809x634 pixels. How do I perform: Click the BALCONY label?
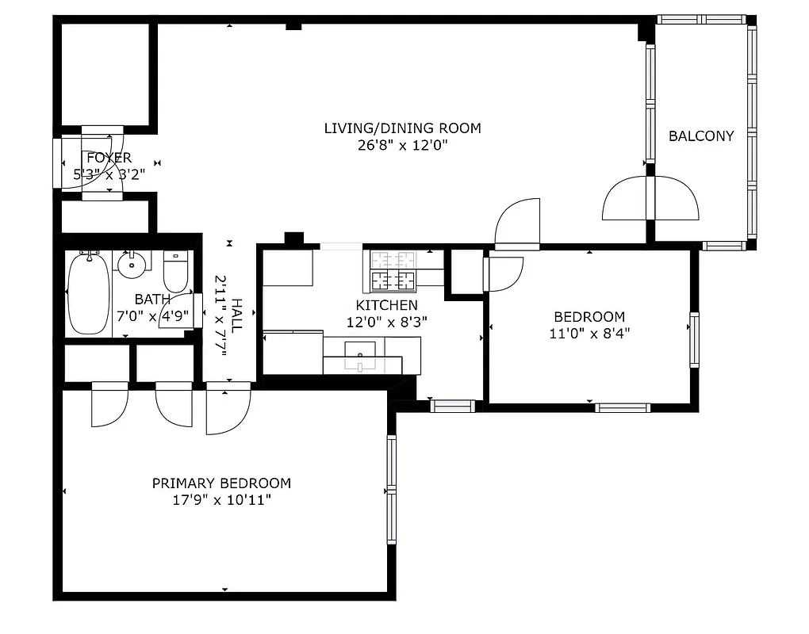coord(700,136)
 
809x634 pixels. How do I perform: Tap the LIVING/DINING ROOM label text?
coord(402,128)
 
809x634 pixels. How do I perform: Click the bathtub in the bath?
coord(87,293)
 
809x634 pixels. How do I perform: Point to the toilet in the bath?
coord(175,271)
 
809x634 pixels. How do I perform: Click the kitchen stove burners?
coord(394,270)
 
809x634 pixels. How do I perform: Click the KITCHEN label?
coord(386,305)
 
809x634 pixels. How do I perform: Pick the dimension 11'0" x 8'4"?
coord(589,334)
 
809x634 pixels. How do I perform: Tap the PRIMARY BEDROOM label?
coord(221,483)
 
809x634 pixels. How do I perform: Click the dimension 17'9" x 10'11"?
coord(221,500)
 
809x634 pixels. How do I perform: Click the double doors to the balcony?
coord(650,198)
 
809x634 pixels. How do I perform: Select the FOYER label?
coord(109,158)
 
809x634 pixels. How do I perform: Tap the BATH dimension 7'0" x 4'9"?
coord(153,315)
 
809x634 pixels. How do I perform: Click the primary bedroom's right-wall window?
coord(391,489)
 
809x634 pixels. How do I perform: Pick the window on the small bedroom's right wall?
coord(694,340)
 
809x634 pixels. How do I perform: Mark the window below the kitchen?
coord(452,406)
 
